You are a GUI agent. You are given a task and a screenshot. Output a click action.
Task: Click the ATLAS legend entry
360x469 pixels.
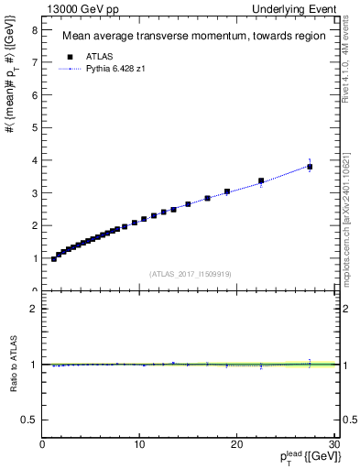coord(93,56)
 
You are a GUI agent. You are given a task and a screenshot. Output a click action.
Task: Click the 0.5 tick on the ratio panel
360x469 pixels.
coord(30,420)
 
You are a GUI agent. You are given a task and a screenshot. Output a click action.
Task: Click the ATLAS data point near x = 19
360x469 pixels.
coord(227,191)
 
